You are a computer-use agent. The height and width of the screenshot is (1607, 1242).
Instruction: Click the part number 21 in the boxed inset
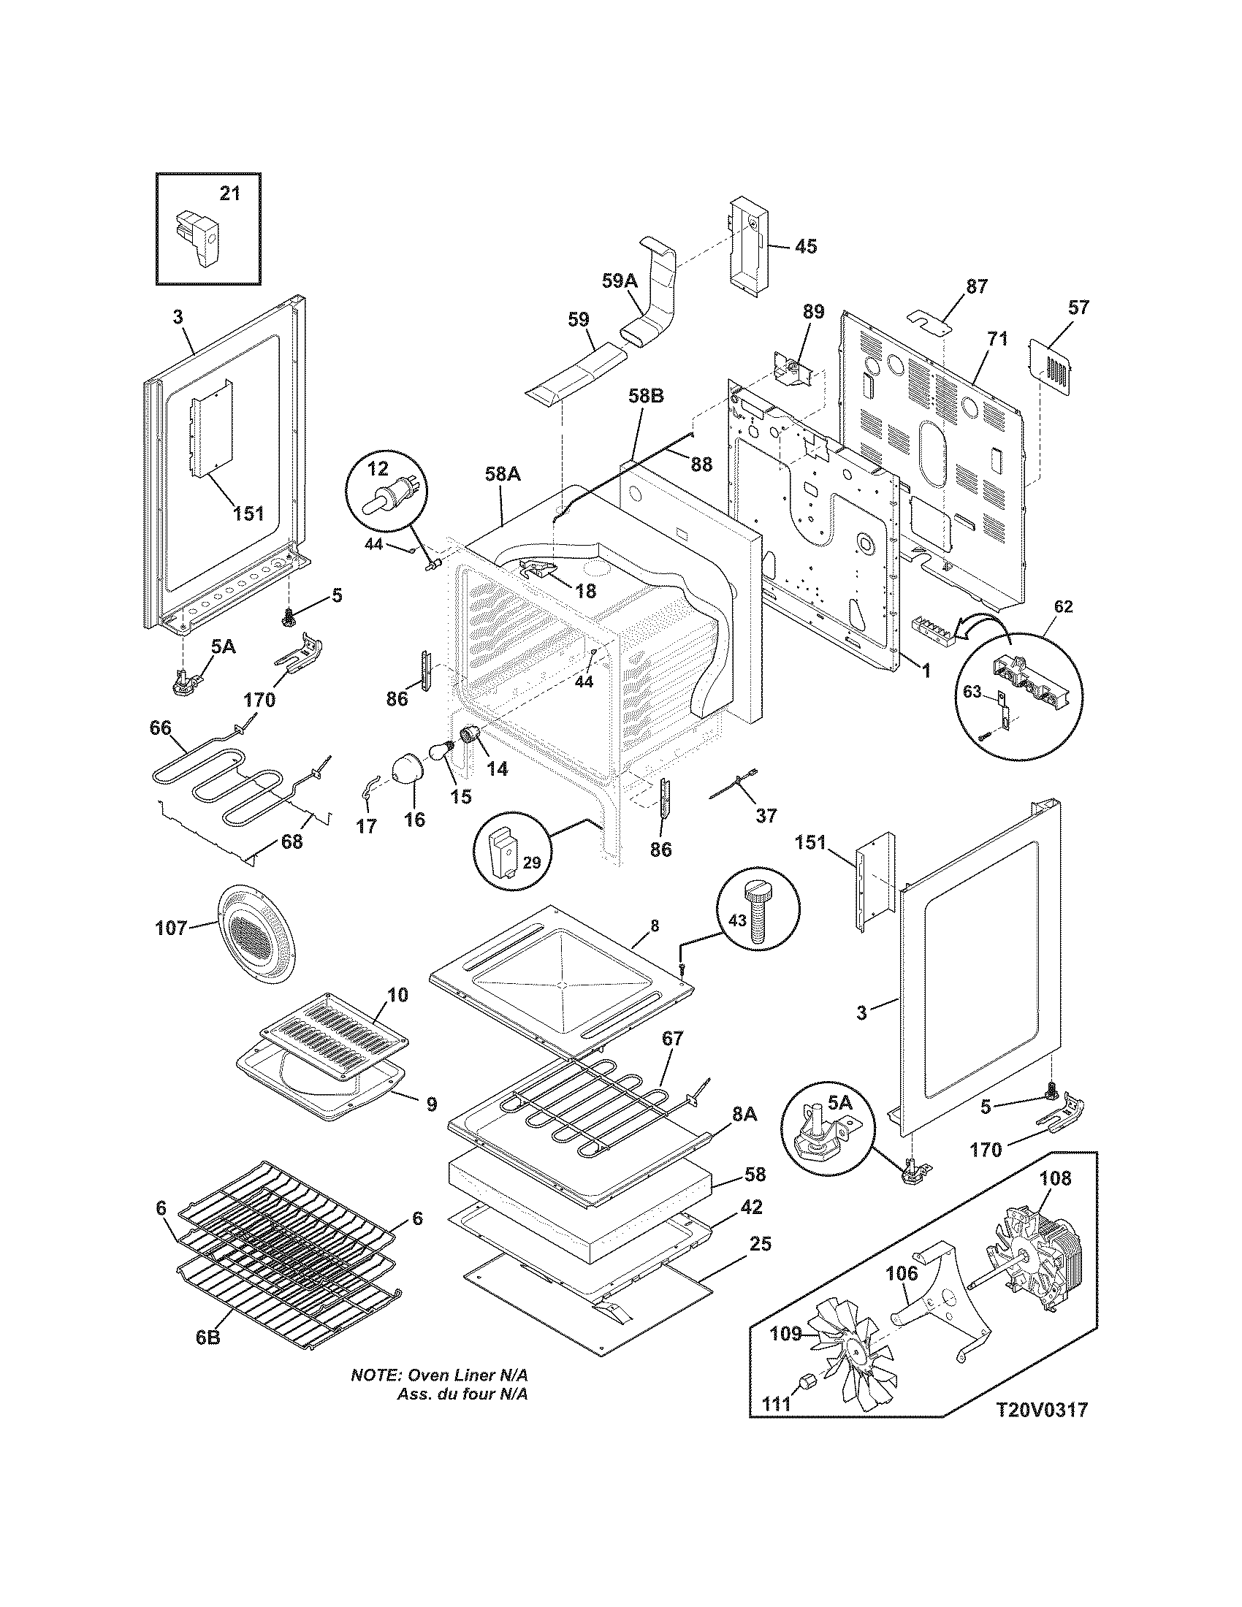tap(230, 194)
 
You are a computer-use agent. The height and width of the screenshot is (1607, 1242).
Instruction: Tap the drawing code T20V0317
tap(1042, 1430)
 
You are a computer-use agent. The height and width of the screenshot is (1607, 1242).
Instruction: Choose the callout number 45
tap(806, 245)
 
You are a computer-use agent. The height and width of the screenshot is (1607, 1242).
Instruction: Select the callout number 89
tap(813, 311)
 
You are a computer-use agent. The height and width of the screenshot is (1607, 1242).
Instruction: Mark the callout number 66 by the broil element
tap(160, 728)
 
